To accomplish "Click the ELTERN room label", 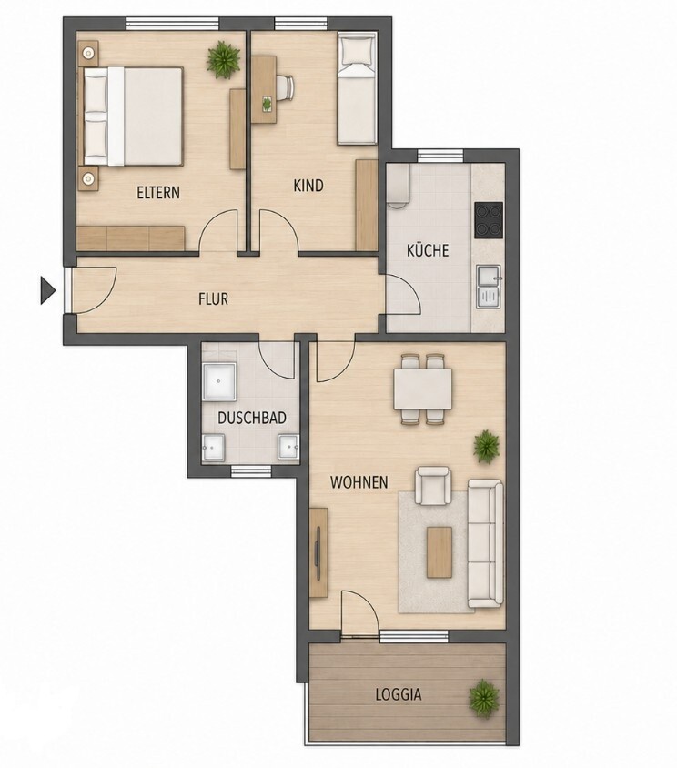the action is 158,193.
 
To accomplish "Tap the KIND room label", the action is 308,186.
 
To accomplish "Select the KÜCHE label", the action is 428,250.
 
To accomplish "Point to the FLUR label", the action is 213,298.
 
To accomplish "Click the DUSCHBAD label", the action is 252,418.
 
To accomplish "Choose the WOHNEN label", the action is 359,482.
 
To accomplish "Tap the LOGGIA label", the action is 399,694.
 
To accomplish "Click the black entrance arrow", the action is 47,290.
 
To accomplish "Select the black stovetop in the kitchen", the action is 489,220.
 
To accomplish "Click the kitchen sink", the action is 490,287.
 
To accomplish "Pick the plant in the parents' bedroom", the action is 223,60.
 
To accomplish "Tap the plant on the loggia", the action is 484,699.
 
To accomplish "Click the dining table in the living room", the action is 422,389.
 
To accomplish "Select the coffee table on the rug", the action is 439,552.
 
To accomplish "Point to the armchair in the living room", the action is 432,485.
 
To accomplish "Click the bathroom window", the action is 251,471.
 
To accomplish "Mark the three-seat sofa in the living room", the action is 485,542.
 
